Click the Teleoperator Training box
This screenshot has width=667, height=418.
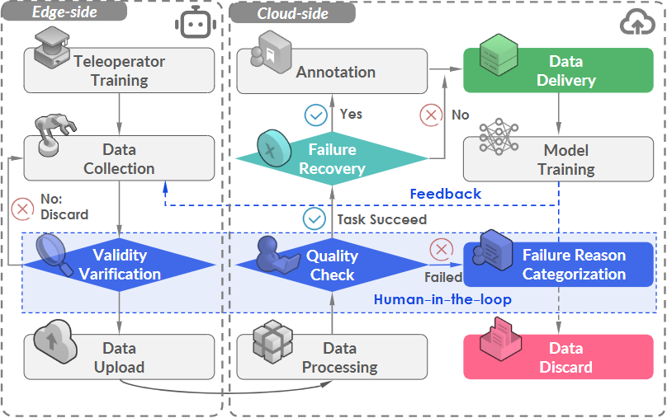tap(119, 71)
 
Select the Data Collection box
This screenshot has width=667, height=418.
tap(119, 159)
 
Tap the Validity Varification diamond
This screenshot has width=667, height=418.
tap(120, 265)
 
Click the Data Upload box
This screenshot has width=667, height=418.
tap(119, 357)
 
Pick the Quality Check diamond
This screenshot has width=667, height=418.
tap(332, 265)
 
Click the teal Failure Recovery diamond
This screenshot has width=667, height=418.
tap(332, 159)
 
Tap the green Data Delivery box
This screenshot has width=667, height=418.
tap(565, 71)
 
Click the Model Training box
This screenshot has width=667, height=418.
tap(565, 159)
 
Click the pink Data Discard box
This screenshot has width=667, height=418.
tap(565, 357)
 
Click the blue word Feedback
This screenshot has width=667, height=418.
tap(446, 194)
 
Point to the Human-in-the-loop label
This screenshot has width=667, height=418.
tap(442, 299)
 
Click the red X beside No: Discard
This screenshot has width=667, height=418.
tap(22, 207)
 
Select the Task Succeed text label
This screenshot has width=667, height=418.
tap(381, 219)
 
